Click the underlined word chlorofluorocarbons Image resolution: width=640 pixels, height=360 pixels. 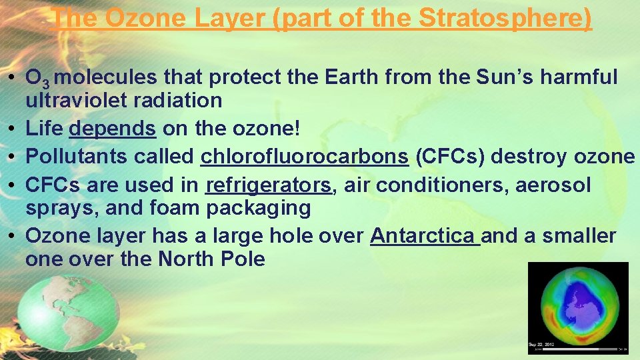pyautogui.click(x=304, y=156)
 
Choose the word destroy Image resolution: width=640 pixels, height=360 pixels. pyautogui.click(x=531, y=156)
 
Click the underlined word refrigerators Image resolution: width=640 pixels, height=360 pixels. pyautogui.click(x=269, y=185)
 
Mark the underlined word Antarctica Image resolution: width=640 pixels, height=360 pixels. pyautogui.click(x=425, y=235)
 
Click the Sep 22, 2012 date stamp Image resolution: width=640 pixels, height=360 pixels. pyautogui.click(x=542, y=344)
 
